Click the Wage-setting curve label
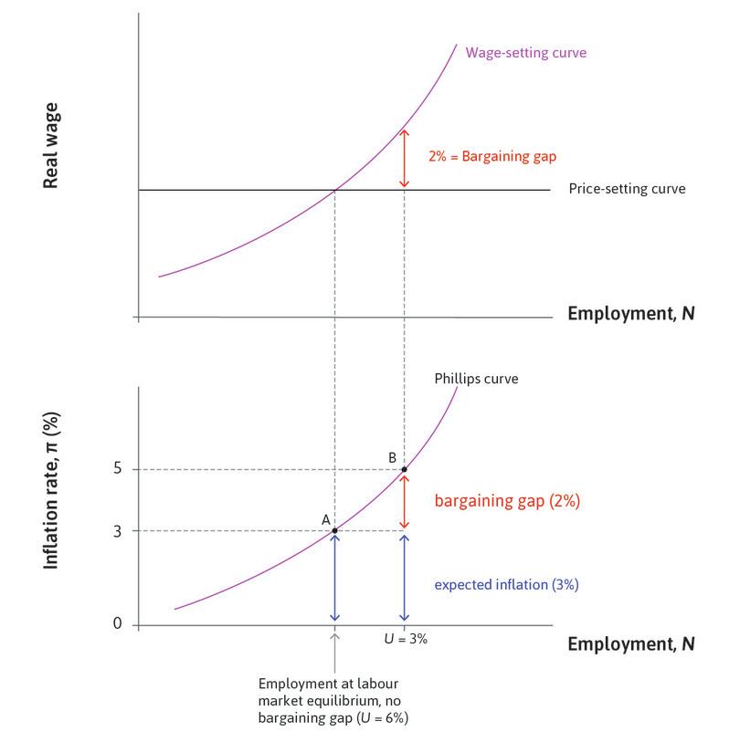tap(525, 53)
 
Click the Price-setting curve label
tap(626, 189)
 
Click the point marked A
tap(334, 530)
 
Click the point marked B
tap(405, 469)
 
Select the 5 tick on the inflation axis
tap(118, 469)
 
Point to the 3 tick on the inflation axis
tap(118, 530)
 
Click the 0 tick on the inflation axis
tap(118, 625)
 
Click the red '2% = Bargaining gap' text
tap(479, 156)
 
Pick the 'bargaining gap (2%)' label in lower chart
tap(507, 501)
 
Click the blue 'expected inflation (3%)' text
tap(505, 585)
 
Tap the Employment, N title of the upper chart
tap(630, 314)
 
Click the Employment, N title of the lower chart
tap(630, 643)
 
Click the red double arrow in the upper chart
tap(405, 157)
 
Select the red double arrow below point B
tap(405, 500)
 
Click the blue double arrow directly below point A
tap(334, 578)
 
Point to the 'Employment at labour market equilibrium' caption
tap(334, 701)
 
